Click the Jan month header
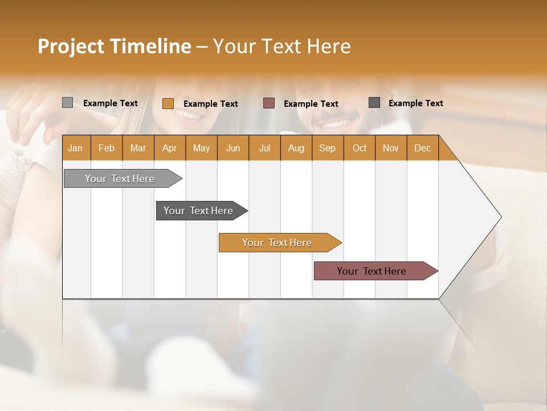click(75, 148)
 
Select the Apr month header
click(169, 148)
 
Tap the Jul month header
click(264, 148)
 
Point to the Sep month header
click(327, 148)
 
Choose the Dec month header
click(422, 148)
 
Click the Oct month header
click(359, 148)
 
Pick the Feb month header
click(107, 148)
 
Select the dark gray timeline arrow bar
click(199, 211)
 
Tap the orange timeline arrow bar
click(277, 243)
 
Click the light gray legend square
click(67, 103)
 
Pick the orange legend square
click(168, 103)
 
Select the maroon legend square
click(268, 103)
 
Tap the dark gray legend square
click(374, 103)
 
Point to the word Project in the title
click(70, 46)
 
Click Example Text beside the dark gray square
click(415, 103)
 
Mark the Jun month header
click(233, 148)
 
